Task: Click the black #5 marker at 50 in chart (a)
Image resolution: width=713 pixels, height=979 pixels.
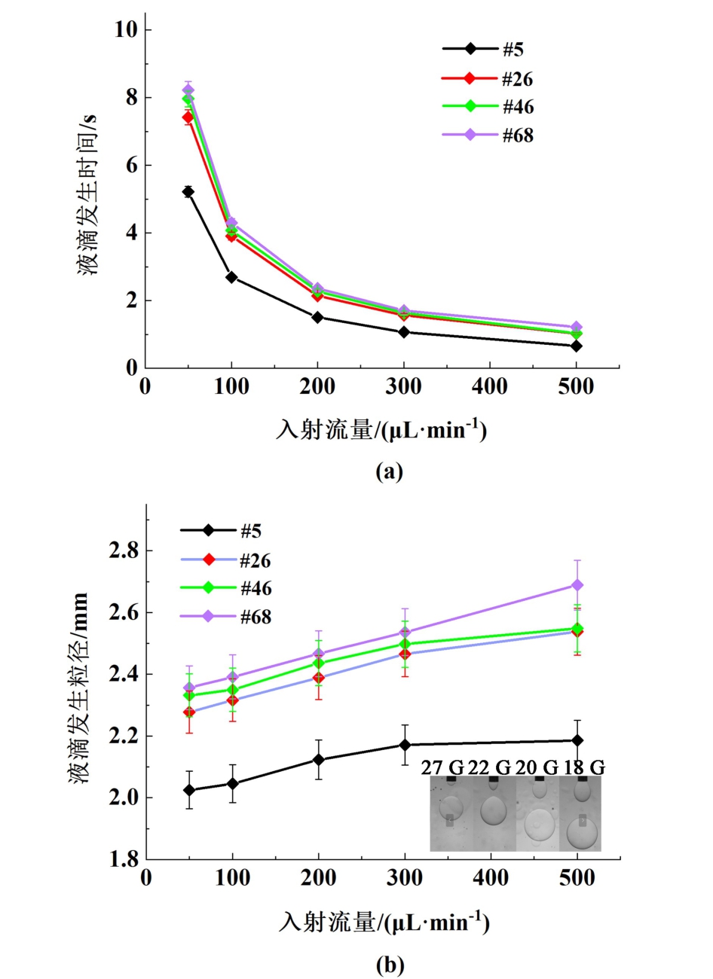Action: click(x=188, y=192)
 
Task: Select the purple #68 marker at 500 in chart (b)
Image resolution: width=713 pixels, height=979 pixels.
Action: click(x=577, y=585)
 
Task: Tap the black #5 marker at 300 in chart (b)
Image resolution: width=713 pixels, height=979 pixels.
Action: click(x=405, y=745)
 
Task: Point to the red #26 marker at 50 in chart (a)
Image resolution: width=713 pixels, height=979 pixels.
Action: click(x=188, y=117)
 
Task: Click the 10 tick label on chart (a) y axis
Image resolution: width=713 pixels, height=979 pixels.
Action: click(x=126, y=29)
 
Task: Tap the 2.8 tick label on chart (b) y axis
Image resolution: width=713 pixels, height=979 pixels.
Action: click(x=123, y=551)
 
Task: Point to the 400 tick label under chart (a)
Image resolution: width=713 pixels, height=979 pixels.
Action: click(x=490, y=387)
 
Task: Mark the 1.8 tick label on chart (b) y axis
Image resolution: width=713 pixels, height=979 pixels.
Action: click(x=123, y=859)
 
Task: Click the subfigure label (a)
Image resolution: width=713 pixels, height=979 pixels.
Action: click(x=389, y=472)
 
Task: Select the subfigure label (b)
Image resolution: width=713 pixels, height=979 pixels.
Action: click(x=390, y=965)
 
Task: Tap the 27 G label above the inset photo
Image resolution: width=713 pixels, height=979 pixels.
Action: click(x=442, y=767)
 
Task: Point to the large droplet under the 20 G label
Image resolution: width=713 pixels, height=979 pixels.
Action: click(x=540, y=825)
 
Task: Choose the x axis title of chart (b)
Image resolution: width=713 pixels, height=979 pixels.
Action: click(x=384, y=922)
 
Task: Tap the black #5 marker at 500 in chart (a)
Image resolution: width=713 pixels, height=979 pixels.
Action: click(x=577, y=346)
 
